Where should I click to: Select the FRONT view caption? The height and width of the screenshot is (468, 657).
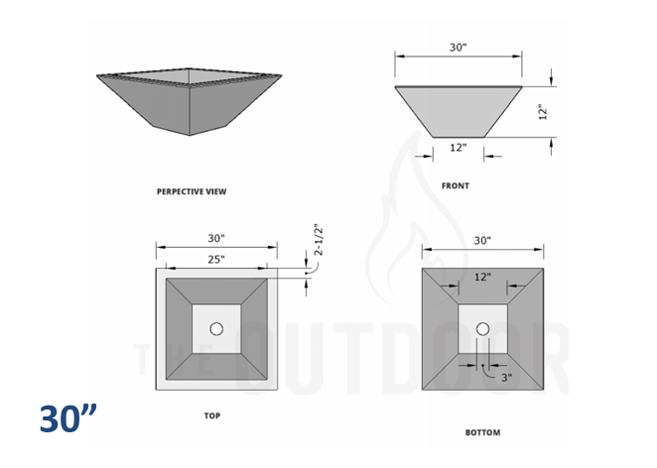457,185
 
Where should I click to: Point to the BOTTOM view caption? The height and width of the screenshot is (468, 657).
482,432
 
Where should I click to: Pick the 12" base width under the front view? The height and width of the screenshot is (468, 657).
458,148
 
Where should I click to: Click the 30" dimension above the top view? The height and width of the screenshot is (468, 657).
215,238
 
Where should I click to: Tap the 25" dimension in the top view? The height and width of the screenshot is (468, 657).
214,259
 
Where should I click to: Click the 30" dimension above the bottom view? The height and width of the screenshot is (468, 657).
482,241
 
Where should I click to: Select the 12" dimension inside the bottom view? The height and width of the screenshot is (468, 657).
482,279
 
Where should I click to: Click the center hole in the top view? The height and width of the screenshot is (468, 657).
216,328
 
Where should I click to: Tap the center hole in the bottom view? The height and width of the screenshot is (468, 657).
482,329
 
